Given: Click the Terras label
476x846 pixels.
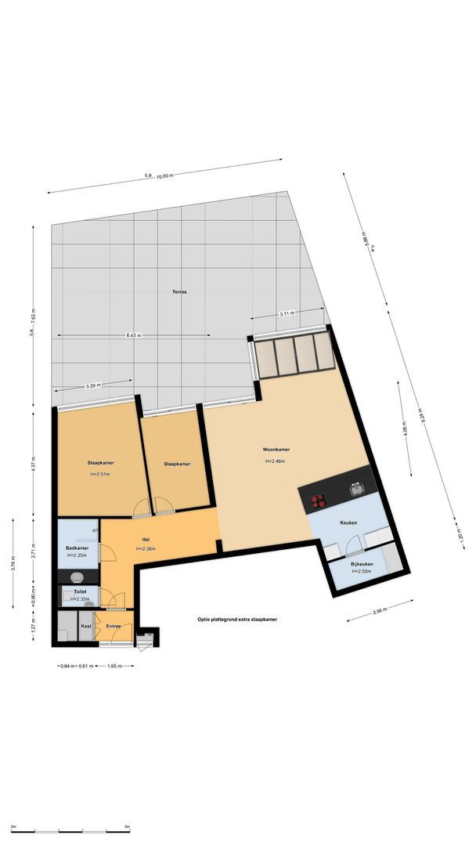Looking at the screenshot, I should [x=179, y=291].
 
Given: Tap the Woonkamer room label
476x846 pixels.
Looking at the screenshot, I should [x=276, y=450].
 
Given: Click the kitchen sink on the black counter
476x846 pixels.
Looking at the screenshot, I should [x=356, y=490].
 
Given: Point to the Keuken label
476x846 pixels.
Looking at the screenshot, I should [x=348, y=522].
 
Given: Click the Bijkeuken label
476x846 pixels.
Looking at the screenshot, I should [x=359, y=563].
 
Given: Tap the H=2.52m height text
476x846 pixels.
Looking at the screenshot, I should [x=361, y=571].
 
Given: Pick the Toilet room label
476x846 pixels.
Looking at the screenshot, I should [x=79, y=591].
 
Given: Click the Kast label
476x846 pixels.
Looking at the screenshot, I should [x=86, y=626].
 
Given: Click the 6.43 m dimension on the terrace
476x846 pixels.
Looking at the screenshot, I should [x=133, y=335].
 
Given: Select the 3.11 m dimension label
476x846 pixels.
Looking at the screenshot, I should [x=287, y=313].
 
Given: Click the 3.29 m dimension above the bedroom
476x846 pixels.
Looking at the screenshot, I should [x=92, y=386].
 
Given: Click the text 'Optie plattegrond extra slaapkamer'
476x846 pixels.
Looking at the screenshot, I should [x=238, y=619].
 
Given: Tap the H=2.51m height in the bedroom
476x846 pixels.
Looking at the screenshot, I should [x=99, y=474].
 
